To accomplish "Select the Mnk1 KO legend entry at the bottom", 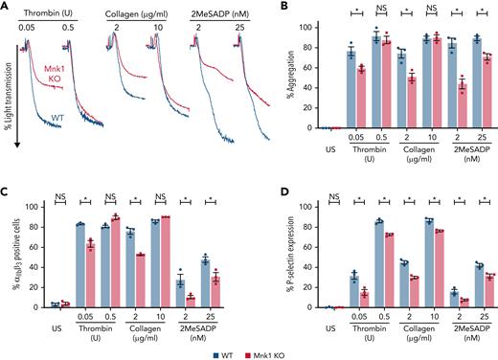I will (x=271, y=353).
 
